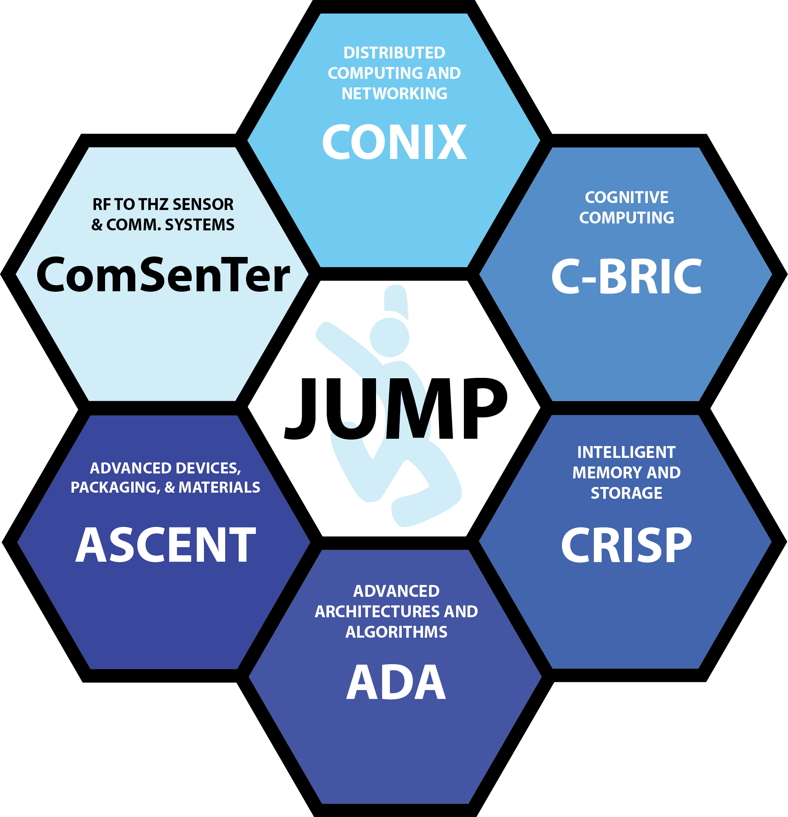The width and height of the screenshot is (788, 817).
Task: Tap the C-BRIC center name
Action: [x=626, y=277]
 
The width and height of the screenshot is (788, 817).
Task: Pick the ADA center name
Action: [x=396, y=682]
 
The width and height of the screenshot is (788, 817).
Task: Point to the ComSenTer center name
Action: [x=163, y=275]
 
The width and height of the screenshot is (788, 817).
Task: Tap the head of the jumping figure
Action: [x=389, y=337]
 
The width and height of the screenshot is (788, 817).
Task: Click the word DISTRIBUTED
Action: [x=394, y=53]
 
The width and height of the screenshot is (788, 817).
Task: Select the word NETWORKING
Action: [x=394, y=94]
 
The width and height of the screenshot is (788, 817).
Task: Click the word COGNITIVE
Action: [x=626, y=198]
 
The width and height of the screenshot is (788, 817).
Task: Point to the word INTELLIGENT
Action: [x=626, y=452]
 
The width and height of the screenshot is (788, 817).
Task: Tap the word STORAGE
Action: [x=626, y=493]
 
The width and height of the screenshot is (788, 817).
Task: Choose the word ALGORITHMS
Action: [x=396, y=632]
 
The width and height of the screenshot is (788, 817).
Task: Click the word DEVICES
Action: [x=201, y=468]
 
